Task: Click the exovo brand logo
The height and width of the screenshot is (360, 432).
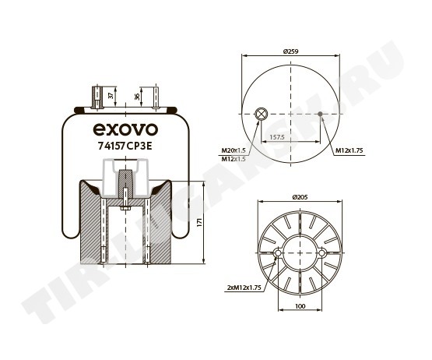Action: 125,129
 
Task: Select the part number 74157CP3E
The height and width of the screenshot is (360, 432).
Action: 125,146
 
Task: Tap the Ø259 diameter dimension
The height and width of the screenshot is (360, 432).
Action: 290,51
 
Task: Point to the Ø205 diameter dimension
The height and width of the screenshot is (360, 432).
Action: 300,197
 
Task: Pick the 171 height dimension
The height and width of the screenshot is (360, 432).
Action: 200,222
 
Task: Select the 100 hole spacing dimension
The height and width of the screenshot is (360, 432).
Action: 300,306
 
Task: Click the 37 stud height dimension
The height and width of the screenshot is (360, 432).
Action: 111,96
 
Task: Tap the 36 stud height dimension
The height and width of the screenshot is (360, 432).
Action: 137,97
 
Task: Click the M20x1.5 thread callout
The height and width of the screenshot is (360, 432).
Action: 234,150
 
